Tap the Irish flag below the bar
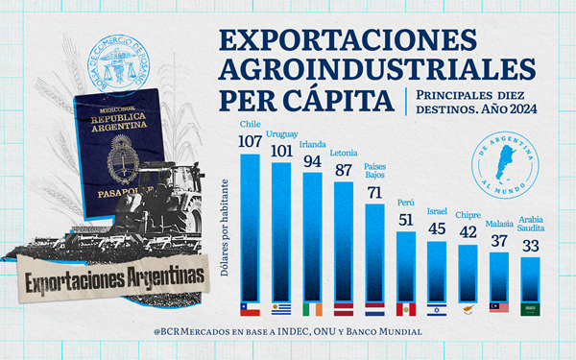point(313,310)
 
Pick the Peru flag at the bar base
point(406,310)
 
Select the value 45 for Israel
point(437,228)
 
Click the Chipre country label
point(468,216)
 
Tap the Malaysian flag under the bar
point(499,309)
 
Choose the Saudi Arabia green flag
point(530,309)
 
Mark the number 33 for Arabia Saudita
point(530,246)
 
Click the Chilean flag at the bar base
point(251,310)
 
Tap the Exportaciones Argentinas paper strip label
point(115,277)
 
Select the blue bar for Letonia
point(344,240)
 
